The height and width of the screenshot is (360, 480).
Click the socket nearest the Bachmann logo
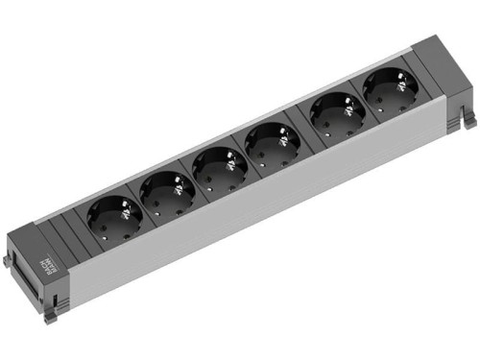[x=115, y=218]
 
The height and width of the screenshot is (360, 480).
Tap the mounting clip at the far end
[x=468, y=119]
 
